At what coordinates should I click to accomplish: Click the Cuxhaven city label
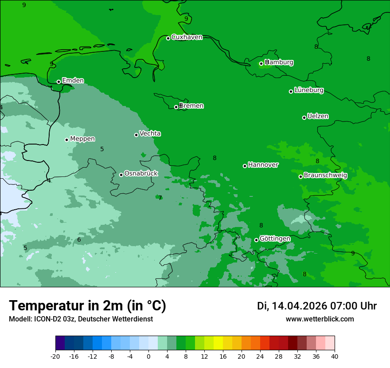click(187, 37)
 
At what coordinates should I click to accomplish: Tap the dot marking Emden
click(58, 82)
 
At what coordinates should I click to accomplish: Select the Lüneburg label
click(309, 90)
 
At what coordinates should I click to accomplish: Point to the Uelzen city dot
click(304, 117)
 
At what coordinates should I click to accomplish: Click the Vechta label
click(150, 133)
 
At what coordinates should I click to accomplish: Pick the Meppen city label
click(82, 139)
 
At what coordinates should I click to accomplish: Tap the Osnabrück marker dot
click(121, 175)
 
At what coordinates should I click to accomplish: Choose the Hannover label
click(263, 165)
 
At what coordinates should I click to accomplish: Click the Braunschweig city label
click(325, 176)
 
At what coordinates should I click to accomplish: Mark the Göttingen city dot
click(256, 240)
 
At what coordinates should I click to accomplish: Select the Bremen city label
click(191, 106)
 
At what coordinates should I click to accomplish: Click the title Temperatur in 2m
click(87, 306)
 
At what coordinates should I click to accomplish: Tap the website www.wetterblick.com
click(320, 319)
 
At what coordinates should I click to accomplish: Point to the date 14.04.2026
click(299, 306)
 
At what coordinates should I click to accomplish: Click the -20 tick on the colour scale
click(55, 356)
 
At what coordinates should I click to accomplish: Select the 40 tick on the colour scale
click(335, 356)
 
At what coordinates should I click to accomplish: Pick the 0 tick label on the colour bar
click(148, 356)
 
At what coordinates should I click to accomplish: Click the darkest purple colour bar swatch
click(60, 343)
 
